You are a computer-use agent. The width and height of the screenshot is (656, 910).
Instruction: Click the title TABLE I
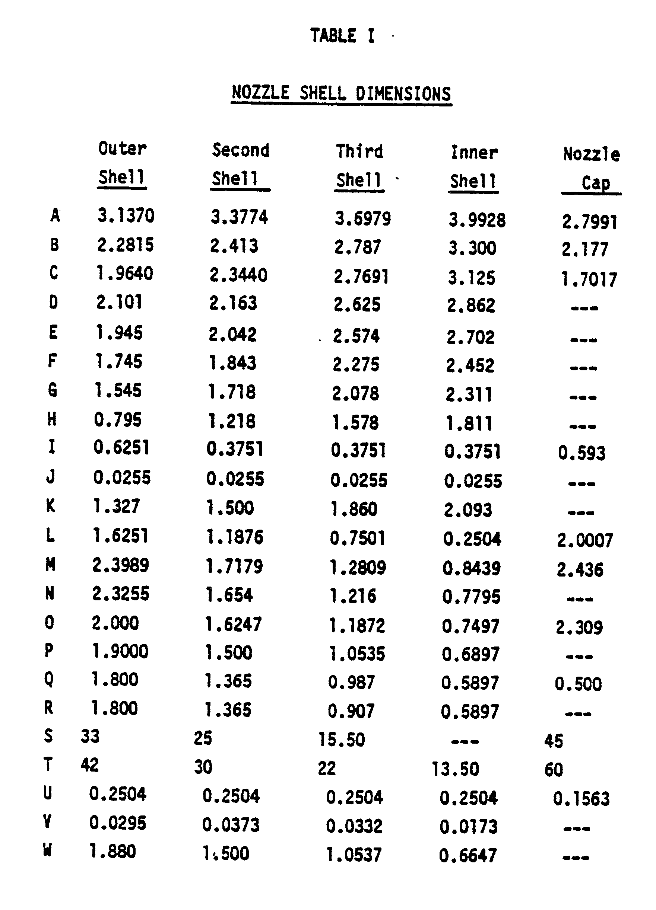point(342,36)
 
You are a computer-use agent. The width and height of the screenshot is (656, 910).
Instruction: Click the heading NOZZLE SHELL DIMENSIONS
point(341,93)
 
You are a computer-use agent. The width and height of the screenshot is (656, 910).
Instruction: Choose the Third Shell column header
point(359,166)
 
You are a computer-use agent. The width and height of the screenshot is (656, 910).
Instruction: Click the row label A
point(55,215)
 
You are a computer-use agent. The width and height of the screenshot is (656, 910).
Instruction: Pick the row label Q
point(48,679)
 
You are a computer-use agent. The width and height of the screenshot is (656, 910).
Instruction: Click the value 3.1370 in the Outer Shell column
point(126,216)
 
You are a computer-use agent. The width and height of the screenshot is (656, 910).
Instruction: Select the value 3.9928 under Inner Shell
point(477,220)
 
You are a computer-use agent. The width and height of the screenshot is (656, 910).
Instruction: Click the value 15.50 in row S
point(342,740)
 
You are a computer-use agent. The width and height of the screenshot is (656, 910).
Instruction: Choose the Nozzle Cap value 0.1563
point(581,799)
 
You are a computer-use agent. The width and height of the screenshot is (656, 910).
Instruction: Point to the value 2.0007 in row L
point(585,540)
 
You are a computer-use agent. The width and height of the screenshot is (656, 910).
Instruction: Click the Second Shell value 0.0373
point(231,826)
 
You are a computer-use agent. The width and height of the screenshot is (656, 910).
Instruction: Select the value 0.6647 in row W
point(468,855)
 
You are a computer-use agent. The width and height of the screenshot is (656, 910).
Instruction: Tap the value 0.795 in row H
point(118,420)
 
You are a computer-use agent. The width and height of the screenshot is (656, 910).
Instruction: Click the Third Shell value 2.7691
point(361,277)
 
